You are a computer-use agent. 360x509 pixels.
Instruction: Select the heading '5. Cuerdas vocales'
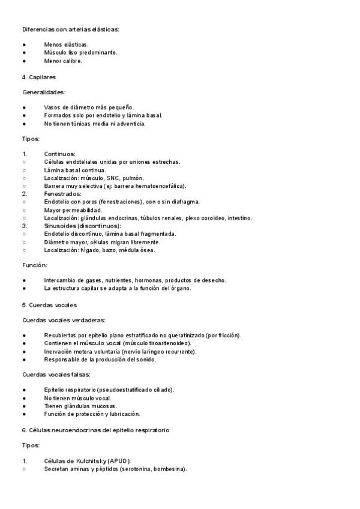pos(49,305)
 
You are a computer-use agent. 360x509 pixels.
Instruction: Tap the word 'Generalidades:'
pos(44,92)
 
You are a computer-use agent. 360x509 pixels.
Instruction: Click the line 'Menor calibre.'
pos(63,61)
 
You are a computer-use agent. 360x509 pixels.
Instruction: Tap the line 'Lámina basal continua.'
pos(74,170)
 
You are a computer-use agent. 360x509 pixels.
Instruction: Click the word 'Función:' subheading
pos(35,265)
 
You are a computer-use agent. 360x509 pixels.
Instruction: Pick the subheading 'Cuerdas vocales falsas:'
pos(56,375)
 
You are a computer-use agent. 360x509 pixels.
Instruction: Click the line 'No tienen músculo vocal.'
pos(78,398)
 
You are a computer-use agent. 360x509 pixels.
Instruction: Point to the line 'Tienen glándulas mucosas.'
pos(80,406)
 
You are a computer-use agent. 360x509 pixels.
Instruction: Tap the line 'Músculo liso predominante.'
pos(80,52)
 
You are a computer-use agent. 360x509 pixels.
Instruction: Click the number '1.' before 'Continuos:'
pos(25,154)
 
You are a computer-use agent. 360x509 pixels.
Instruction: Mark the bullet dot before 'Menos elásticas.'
pos(24,44)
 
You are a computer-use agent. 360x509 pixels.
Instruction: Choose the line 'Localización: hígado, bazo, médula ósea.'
pos(99,250)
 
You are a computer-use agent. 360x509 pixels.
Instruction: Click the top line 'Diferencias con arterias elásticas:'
pos(71,29)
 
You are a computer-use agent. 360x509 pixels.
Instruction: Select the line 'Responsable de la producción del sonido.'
pos(100,360)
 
